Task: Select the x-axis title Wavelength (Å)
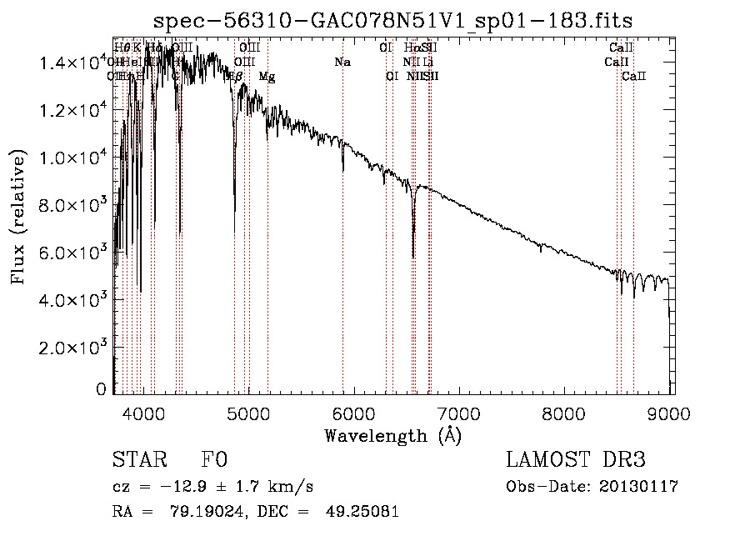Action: point(392,435)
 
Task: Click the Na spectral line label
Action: point(342,62)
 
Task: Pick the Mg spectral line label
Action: point(267,77)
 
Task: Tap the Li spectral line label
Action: point(427,62)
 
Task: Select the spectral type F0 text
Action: point(214,460)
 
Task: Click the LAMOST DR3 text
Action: point(576,460)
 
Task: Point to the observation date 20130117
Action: point(638,486)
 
